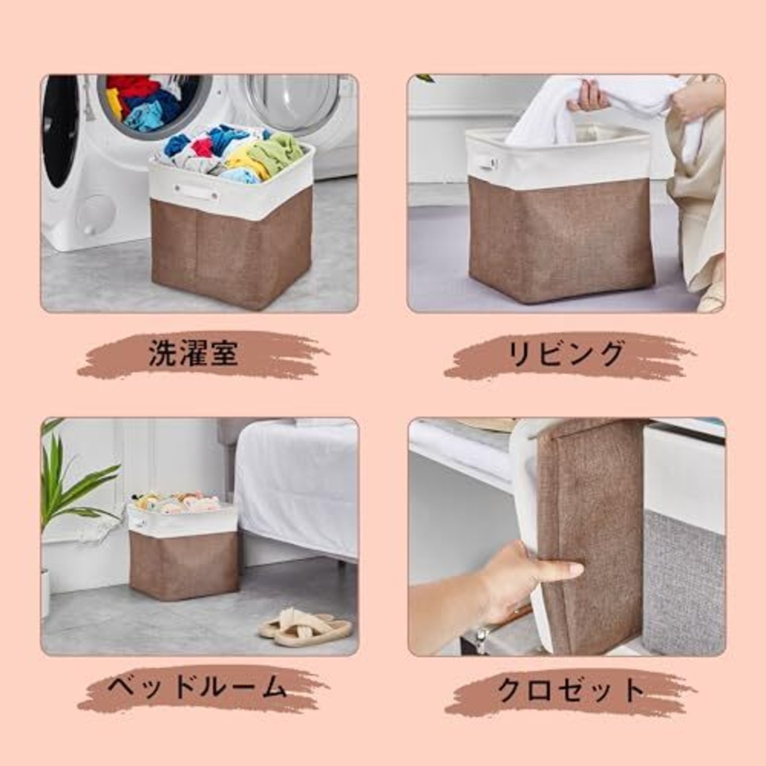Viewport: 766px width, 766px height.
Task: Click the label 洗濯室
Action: (x=193, y=354)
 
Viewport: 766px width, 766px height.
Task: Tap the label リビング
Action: (x=566, y=354)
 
